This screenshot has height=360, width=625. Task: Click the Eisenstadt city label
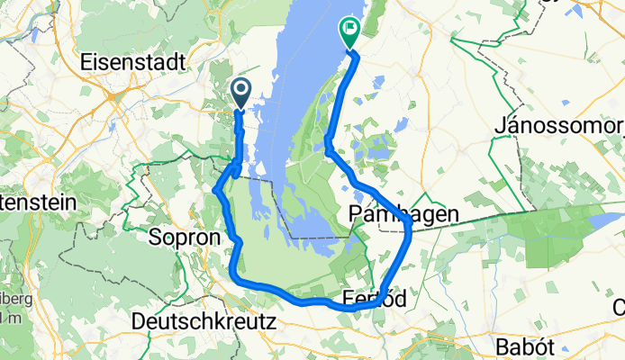point(133,63)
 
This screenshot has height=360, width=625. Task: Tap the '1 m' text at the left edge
point(7,319)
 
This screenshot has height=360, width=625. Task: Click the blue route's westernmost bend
point(214,191)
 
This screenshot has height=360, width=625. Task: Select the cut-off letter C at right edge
point(620,308)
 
